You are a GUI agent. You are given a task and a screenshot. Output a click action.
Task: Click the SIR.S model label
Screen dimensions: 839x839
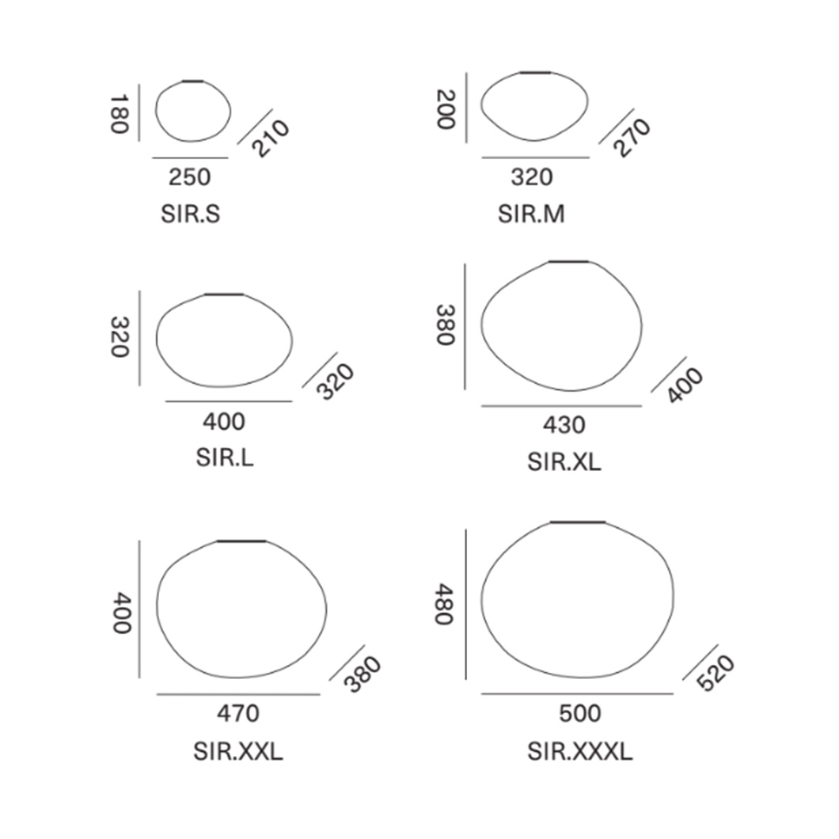coord(191,214)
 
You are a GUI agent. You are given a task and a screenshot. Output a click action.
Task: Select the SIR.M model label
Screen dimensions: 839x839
coord(531,214)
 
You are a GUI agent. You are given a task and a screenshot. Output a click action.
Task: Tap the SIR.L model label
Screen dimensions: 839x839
coord(225,458)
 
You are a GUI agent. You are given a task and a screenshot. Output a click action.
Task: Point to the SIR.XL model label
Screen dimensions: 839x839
coord(564,461)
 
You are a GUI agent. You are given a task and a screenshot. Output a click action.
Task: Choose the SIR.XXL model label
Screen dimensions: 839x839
coord(238,752)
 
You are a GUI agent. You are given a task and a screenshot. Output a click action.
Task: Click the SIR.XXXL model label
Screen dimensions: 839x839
coord(580,752)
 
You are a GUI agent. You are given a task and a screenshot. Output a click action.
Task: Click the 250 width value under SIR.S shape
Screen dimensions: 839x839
coord(190,177)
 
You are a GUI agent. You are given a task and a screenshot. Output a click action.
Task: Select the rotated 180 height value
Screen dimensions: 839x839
coord(120,114)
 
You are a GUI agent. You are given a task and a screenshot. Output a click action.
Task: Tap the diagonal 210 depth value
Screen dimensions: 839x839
coord(270,138)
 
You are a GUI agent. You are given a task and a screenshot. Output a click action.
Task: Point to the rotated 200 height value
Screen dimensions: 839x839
coord(446,110)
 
